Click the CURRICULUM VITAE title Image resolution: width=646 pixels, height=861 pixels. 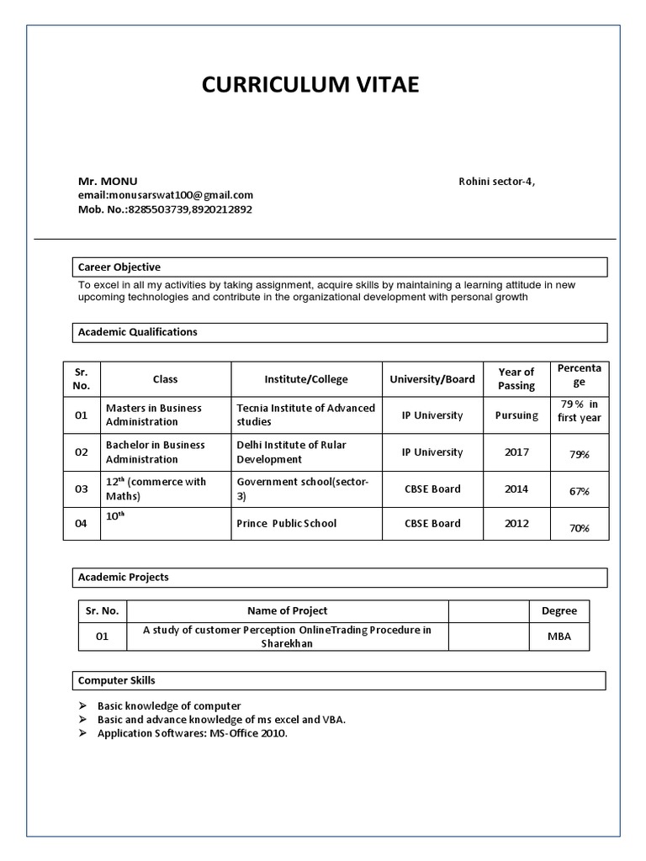(x=310, y=85)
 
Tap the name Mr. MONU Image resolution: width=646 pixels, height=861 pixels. (x=108, y=182)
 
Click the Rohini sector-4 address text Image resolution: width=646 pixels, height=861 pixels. (x=496, y=182)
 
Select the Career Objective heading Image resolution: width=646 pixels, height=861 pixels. (x=119, y=267)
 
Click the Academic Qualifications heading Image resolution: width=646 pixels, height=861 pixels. (x=138, y=332)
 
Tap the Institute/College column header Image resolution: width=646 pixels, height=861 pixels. (x=306, y=379)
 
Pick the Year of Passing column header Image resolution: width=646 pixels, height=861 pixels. (x=516, y=379)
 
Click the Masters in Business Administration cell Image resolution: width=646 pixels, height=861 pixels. (x=154, y=415)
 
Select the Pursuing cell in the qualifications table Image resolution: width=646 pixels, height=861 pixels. (x=516, y=415)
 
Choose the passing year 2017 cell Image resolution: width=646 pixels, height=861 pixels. (x=516, y=452)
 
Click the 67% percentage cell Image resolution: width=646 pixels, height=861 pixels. (x=580, y=491)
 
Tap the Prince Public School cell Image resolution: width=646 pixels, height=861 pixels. (x=286, y=523)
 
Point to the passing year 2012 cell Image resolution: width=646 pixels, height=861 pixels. (x=516, y=523)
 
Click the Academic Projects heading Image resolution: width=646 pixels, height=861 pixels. (x=124, y=578)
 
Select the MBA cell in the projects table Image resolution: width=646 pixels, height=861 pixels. (x=559, y=637)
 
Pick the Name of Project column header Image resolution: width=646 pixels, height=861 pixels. (x=287, y=611)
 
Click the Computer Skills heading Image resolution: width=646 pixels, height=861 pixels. (x=117, y=680)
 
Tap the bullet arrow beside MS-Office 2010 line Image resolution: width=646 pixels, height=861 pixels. (x=83, y=734)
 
